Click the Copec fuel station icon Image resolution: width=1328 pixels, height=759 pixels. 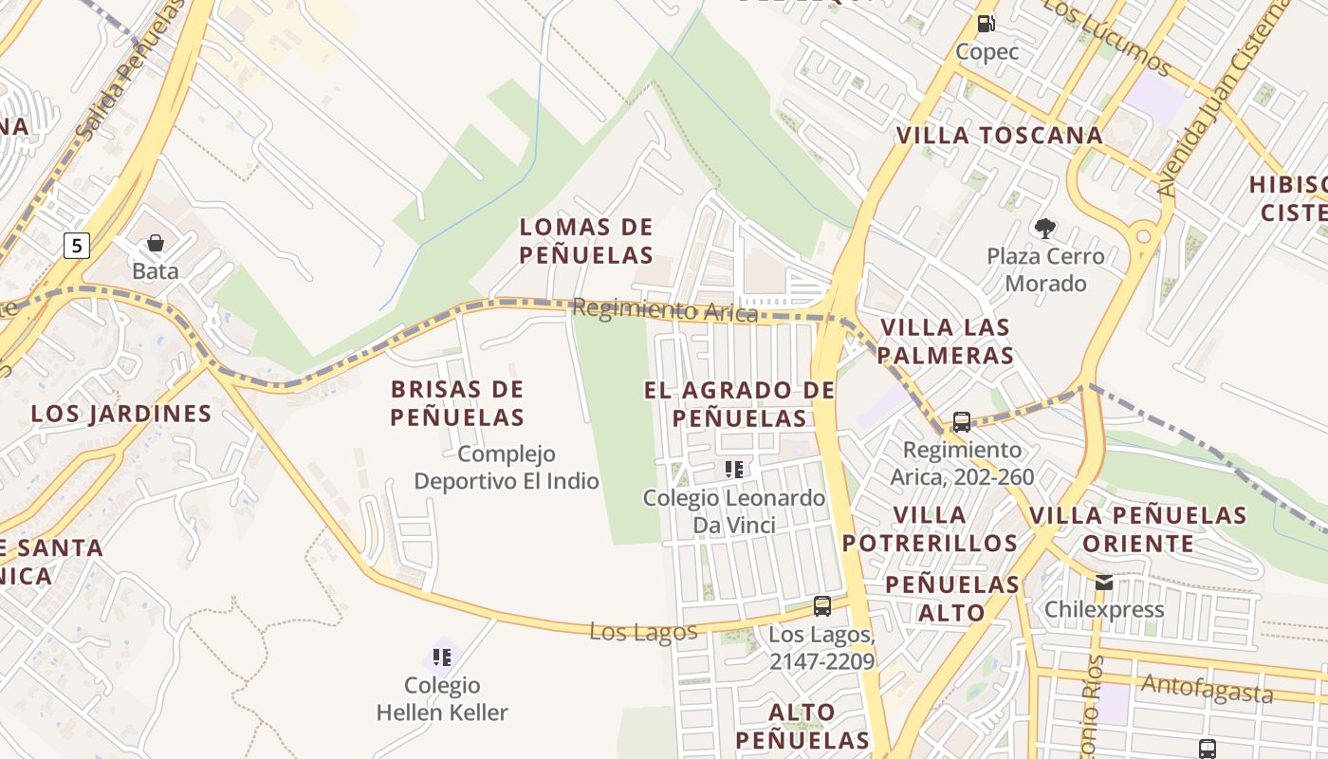(x=987, y=23)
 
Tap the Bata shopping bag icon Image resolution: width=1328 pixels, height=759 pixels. (x=155, y=244)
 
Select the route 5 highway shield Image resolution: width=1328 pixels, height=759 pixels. (x=77, y=247)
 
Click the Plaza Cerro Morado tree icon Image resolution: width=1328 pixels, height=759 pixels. (x=1045, y=228)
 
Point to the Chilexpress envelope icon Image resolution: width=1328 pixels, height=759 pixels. (x=1104, y=582)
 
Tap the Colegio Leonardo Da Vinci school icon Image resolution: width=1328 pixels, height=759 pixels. (x=733, y=469)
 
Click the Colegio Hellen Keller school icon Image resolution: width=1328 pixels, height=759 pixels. (x=441, y=656)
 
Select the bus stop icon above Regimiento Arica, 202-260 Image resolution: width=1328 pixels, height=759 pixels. (x=961, y=421)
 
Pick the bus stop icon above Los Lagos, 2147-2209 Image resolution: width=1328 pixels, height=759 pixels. (x=821, y=605)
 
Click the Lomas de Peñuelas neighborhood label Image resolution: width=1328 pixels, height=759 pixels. (x=586, y=241)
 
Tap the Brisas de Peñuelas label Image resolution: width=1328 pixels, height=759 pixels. (x=457, y=403)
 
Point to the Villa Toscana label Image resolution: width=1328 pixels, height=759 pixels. (x=1000, y=136)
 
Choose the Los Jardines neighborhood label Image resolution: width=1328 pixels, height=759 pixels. (x=121, y=414)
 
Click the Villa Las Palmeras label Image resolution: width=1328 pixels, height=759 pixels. (x=946, y=342)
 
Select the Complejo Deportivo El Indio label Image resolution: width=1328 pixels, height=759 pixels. (x=507, y=468)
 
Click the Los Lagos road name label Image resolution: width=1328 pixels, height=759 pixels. (x=643, y=631)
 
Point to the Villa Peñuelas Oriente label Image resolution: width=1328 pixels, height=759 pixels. (x=1137, y=529)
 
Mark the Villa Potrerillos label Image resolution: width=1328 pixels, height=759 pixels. (x=930, y=529)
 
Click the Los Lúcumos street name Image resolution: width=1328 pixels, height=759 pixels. (x=1107, y=36)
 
